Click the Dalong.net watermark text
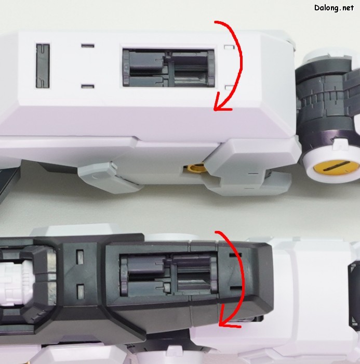click(334, 8)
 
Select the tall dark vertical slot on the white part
click(43, 66)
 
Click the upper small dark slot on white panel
click(88, 46)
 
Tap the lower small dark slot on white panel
click(88, 87)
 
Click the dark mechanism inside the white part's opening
click(169, 68)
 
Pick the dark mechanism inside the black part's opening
click(169, 275)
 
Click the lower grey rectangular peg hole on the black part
click(80, 292)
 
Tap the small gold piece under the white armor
click(196, 167)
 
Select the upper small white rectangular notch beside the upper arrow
click(229, 47)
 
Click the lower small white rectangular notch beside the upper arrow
click(230, 88)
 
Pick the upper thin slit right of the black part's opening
click(235, 255)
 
